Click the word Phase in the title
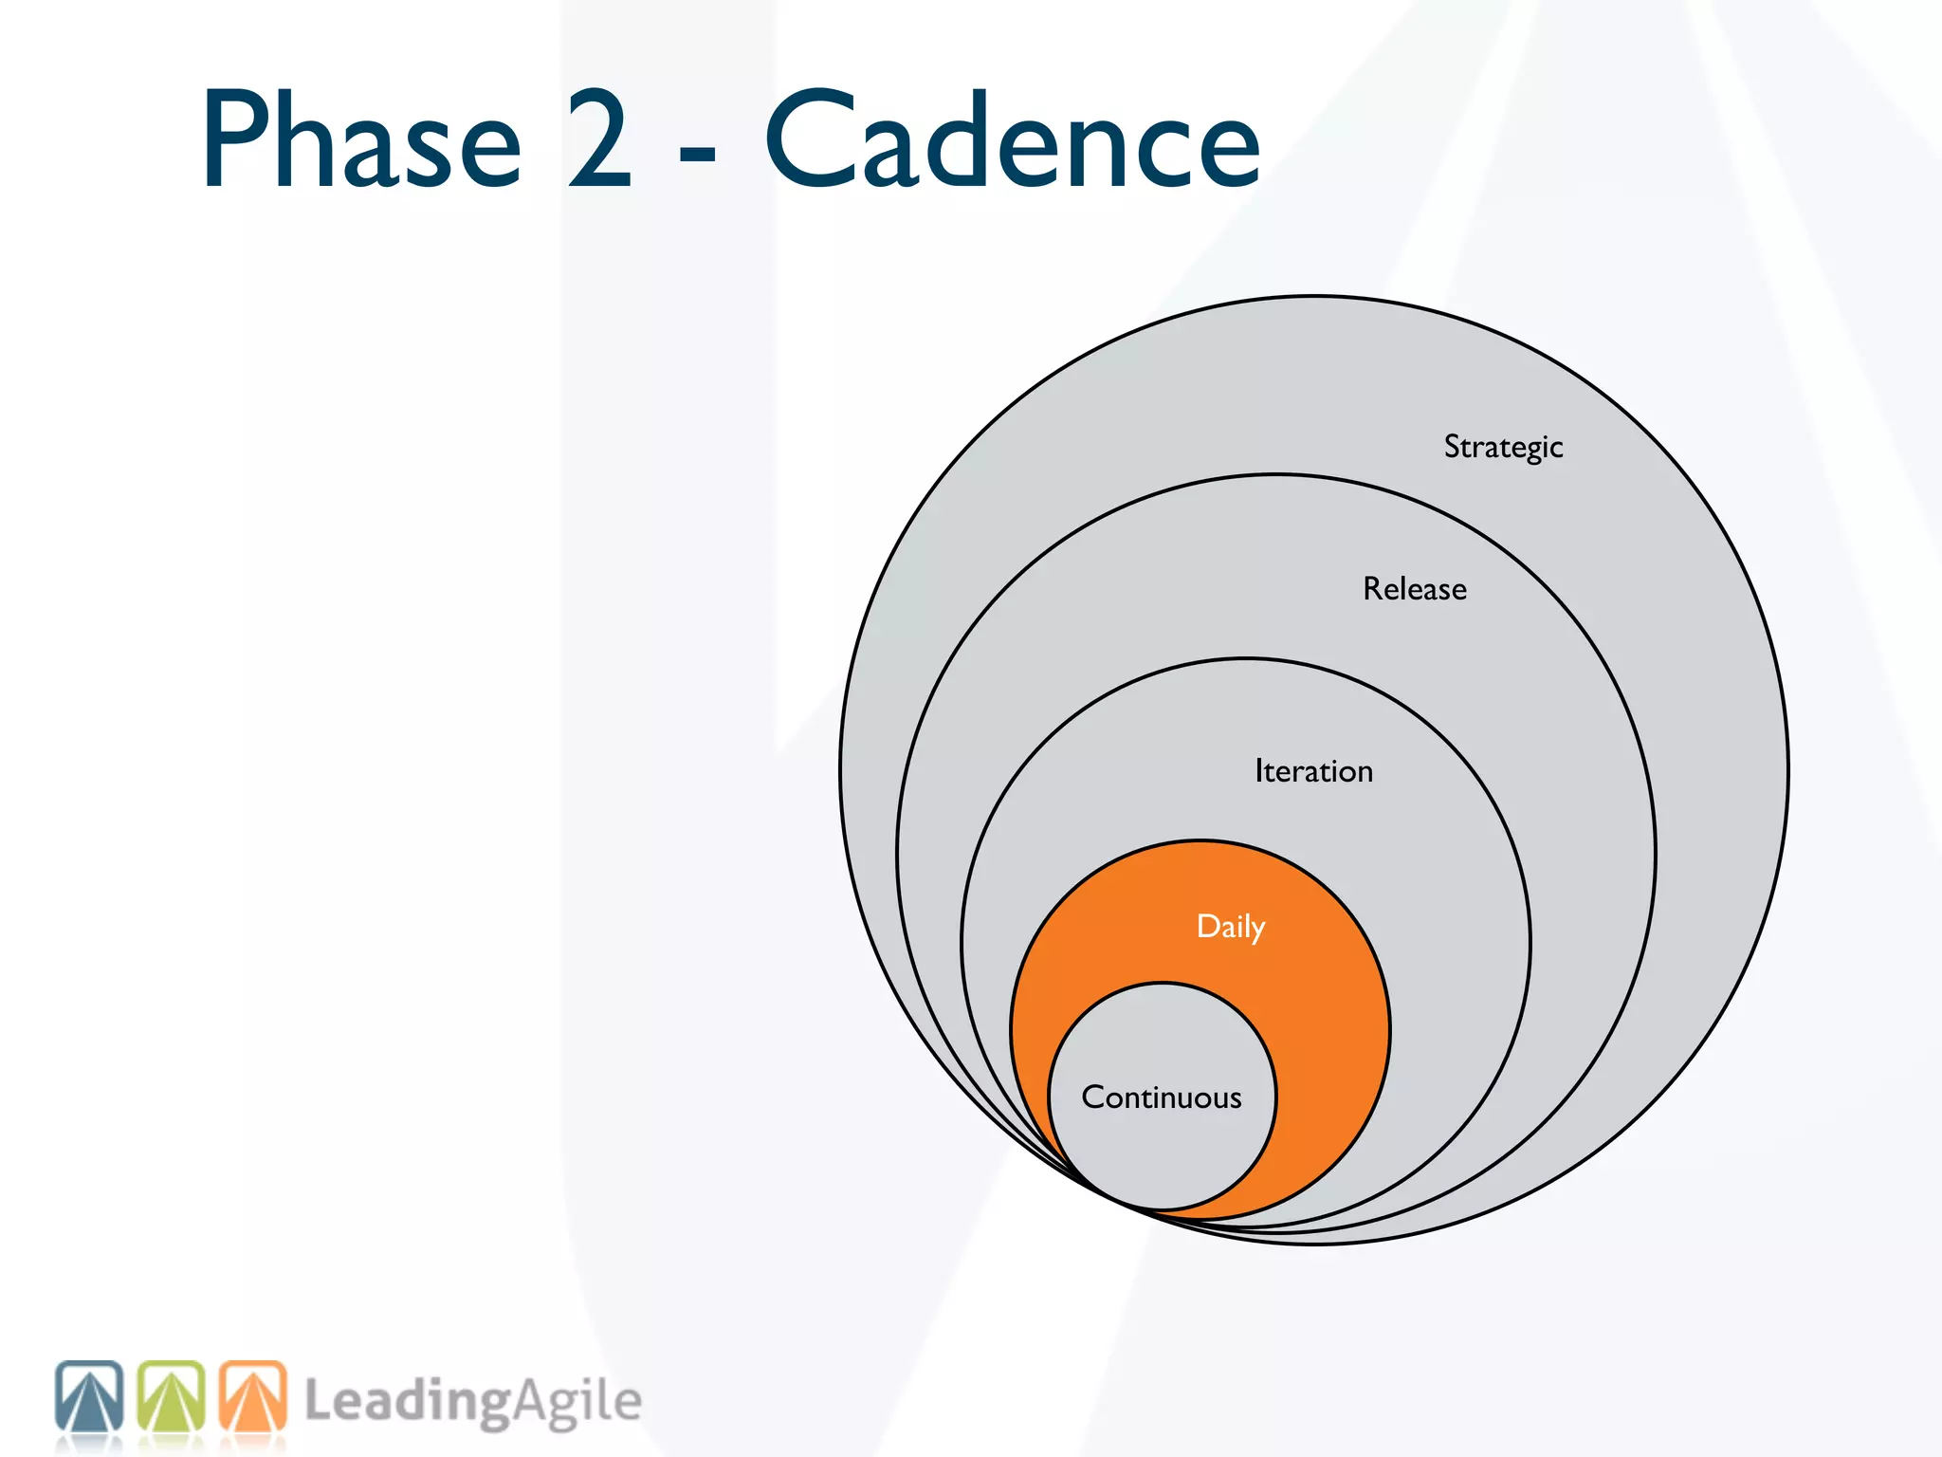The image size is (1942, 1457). [361, 142]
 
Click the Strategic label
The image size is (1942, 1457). [1503, 447]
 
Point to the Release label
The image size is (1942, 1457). [1414, 589]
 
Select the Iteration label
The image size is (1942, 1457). [1313, 771]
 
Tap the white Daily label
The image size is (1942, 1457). [1230, 927]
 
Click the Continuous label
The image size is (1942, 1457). [1161, 1097]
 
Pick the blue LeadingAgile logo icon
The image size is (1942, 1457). [89, 1396]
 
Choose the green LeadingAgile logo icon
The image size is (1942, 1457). [172, 1396]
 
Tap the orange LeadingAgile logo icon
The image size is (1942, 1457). [253, 1396]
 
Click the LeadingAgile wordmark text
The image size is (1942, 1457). [472, 1402]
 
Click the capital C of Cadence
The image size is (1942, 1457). [812, 140]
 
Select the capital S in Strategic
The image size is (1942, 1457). [1453, 446]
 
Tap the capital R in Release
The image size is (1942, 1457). [1373, 589]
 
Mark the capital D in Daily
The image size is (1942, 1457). [1208, 926]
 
